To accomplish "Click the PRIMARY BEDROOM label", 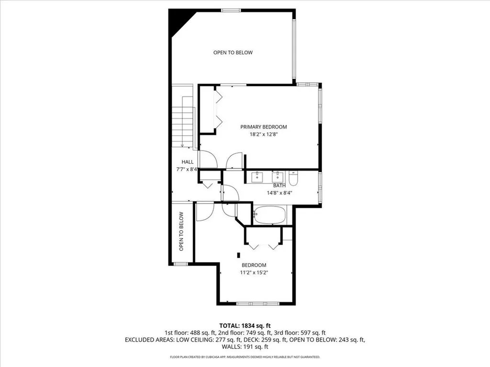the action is click(x=264, y=127).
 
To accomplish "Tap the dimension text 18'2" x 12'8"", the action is click(x=264, y=135).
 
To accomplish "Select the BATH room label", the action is click(x=279, y=186).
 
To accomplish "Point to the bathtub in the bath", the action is click(x=269, y=215).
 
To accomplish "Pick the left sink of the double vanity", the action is click(x=257, y=177).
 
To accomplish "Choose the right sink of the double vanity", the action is click(x=278, y=177).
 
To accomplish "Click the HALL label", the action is click(x=188, y=162).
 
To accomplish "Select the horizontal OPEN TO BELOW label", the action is click(x=233, y=53).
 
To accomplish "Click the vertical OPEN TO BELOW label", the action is click(x=181, y=232).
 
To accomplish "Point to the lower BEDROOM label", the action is click(x=254, y=265).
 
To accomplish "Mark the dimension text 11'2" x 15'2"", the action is click(x=254, y=273).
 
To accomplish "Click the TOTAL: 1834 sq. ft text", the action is click(x=245, y=326).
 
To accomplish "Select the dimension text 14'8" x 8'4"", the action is click(x=279, y=193).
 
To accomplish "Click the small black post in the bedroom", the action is click(x=239, y=255).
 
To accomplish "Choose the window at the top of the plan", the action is click(x=231, y=11).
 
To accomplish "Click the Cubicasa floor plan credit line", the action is click(x=245, y=356).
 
